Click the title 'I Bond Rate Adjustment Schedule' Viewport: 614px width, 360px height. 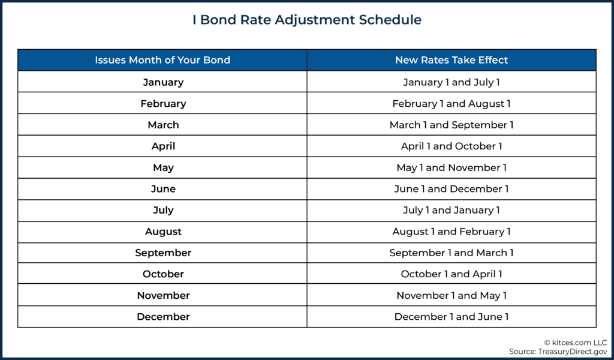point(307,20)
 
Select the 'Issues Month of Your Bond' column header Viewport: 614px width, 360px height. point(162,60)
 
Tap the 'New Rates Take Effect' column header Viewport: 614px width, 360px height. point(452,60)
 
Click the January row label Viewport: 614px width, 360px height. point(163,82)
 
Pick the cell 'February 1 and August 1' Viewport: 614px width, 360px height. point(452,104)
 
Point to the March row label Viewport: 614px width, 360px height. point(163,125)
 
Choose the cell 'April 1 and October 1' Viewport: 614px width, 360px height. point(452,146)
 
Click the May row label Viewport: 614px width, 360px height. point(163,167)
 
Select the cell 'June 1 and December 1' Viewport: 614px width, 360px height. point(452,189)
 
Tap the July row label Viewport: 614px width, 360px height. point(163,211)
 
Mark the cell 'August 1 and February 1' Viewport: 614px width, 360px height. point(452,232)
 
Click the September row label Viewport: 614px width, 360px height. point(163,253)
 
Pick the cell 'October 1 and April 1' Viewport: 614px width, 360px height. point(452,274)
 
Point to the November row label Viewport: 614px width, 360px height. point(163,295)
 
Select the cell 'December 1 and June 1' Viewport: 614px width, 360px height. point(452,317)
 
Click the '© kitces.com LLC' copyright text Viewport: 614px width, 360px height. point(576,343)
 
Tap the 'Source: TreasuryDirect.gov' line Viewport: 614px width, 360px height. point(558,352)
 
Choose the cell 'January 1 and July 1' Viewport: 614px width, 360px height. point(452,82)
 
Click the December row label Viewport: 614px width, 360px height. point(163,317)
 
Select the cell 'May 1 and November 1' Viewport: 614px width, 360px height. point(452,167)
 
